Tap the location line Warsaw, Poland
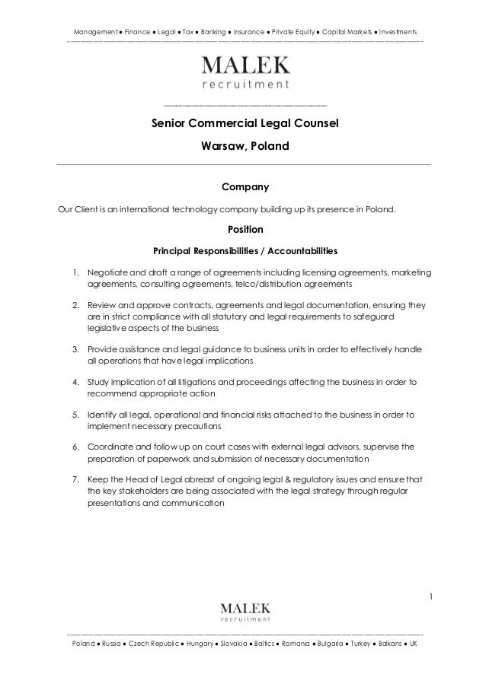(x=245, y=145)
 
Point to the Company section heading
(x=245, y=186)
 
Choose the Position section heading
(x=245, y=228)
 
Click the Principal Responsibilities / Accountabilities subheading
(x=245, y=250)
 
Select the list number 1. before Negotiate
(x=76, y=272)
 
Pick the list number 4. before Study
(x=76, y=381)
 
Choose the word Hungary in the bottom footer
(x=200, y=644)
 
